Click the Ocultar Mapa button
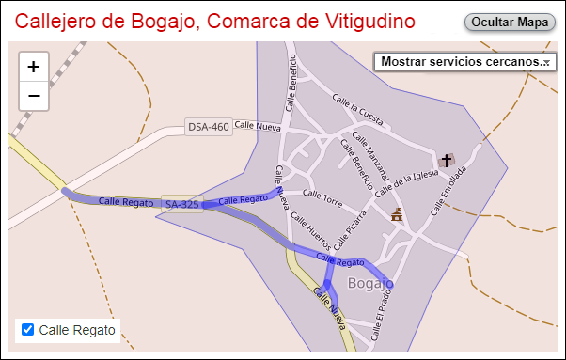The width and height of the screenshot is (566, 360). pos(510,21)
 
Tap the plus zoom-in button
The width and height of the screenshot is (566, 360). pos(34,67)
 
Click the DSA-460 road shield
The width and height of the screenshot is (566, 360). pos(208,127)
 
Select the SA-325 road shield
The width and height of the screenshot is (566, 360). pos(181,204)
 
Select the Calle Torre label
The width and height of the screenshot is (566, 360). pos(322,197)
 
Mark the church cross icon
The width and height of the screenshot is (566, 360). pos(447,160)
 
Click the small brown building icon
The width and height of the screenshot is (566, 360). pos(397,215)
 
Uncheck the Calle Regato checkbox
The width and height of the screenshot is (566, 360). pos(28,330)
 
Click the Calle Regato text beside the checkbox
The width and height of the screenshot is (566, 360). pos(77,330)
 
